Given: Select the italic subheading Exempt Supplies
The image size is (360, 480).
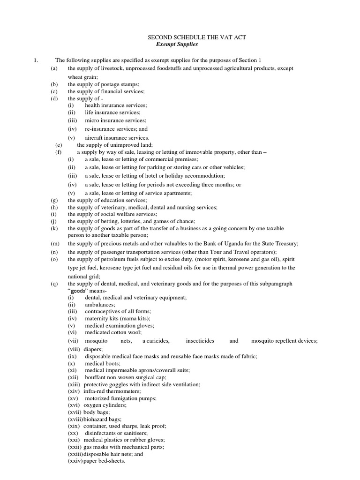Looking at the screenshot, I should click(x=177, y=45).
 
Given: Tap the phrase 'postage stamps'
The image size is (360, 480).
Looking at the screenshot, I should click(x=116, y=84).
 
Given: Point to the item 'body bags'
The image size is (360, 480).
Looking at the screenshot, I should click(x=96, y=412).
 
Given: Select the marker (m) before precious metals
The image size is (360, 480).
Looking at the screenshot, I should click(x=54, y=243).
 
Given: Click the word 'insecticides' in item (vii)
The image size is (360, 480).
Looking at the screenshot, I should click(x=200, y=341).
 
